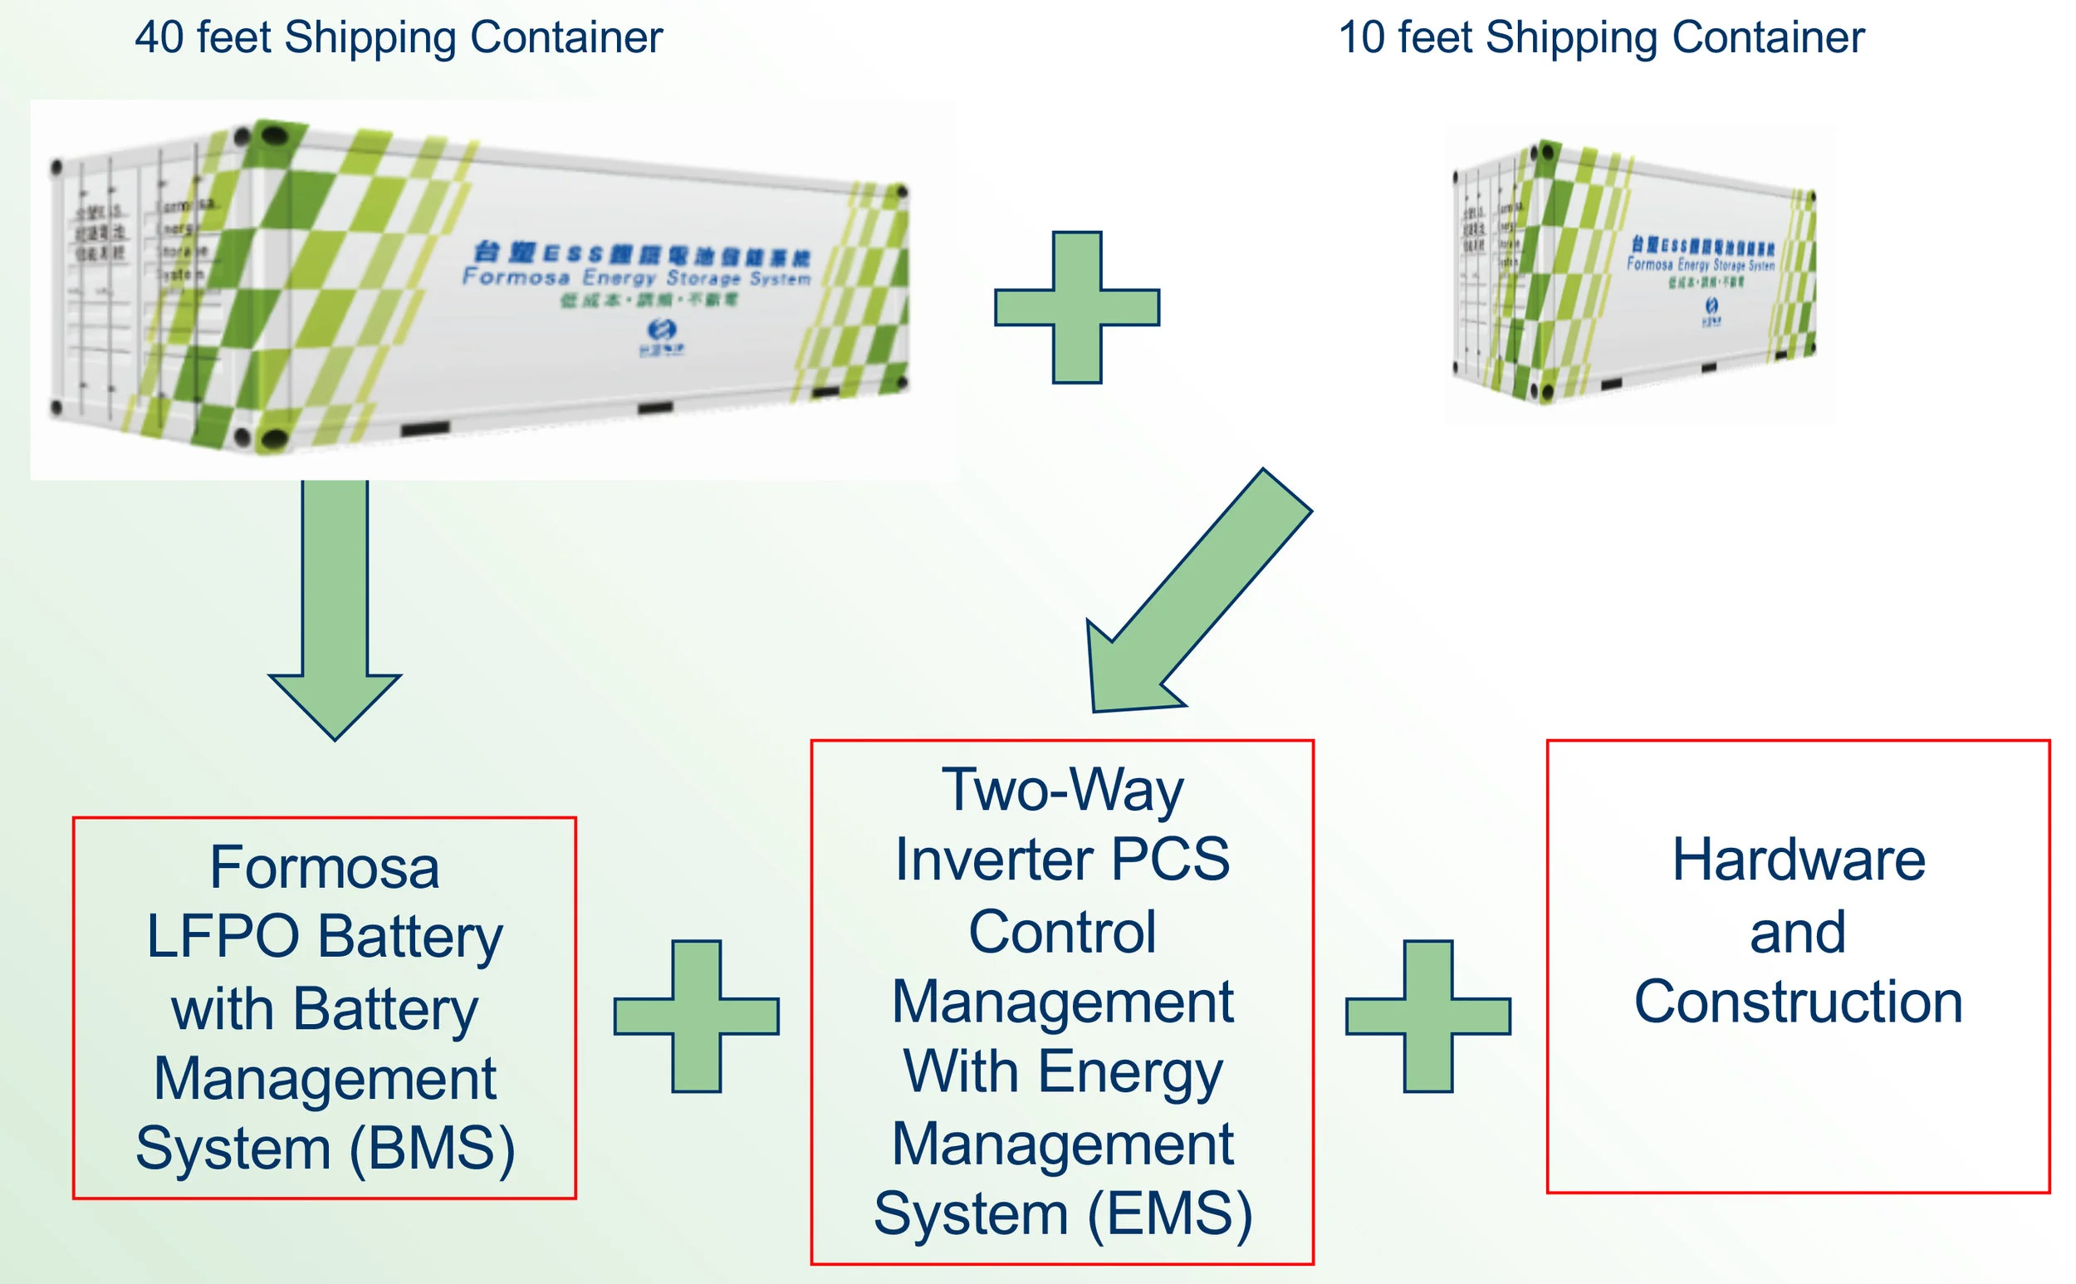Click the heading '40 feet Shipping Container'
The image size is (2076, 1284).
pyautogui.click(x=399, y=38)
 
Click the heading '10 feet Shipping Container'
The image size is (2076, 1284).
pyautogui.click(x=1600, y=38)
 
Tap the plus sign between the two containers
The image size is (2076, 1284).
pyautogui.click(x=1077, y=307)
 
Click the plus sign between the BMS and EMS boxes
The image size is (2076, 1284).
pyautogui.click(x=696, y=1016)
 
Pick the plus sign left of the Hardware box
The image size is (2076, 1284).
pyautogui.click(x=1428, y=1016)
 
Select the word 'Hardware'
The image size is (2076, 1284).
pyautogui.click(x=1798, y=860)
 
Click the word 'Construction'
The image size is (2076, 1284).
pyautogui.click(x=1798, y=1002)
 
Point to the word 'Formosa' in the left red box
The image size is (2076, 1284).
pyautogui.click(x=325, y=868)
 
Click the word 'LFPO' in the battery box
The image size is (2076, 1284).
pyautogui.click(x=223, y=937)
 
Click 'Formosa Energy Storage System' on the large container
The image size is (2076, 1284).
pyautogui.click(x=637, y=277)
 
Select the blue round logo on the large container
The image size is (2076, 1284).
pyautogui.click(x=662, y=330)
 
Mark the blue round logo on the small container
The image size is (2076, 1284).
pyautogui.click(x=1711, y=306)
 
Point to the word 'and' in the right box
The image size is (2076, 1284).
pyautogui.click(x=1798, y=932)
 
